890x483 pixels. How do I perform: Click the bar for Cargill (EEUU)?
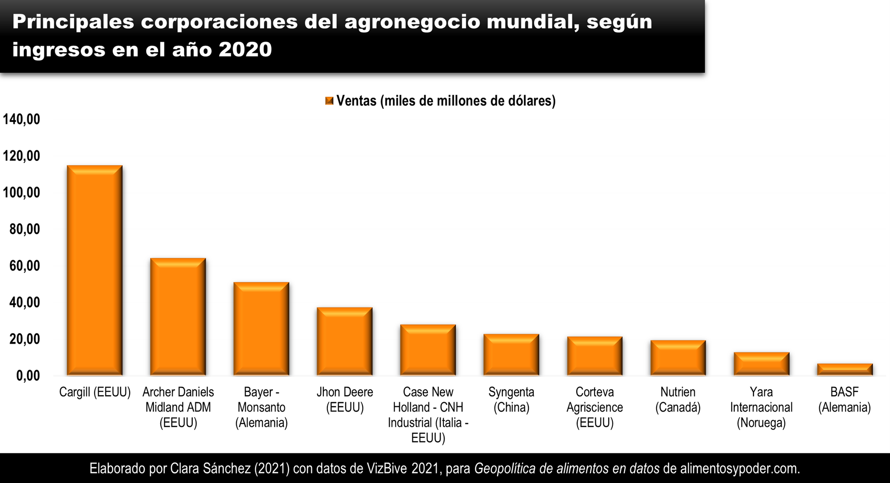(x=95, y=271)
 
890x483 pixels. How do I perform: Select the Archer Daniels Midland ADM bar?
(x=178, y=317)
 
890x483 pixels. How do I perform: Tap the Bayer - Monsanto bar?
(x=261, y=329)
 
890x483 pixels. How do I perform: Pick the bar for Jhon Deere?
(x=345, y=341)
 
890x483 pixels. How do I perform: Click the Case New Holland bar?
(x=428, y=350)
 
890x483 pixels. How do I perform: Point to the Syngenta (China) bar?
(x=511, y=355)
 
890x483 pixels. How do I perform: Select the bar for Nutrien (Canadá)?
(x=678, y=358)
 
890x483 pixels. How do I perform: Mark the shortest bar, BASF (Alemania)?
(x=845, y=370)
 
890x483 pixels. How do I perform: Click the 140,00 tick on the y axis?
(x=21, y=120)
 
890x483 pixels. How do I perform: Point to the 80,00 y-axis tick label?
(x=25, y=229)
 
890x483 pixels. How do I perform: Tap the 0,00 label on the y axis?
(x=28, y=376)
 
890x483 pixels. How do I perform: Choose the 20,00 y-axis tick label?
(x=25, y=339)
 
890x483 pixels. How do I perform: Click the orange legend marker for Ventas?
(x=329, y=101)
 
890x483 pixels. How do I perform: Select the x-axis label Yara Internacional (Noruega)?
(x=761, y=407)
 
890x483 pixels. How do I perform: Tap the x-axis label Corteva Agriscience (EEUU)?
(x=595, y=407)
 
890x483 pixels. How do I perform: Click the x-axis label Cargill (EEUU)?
(x=95, y=392)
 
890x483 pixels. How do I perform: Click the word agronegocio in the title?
(x=412, y=22)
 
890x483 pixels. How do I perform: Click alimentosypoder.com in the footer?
(x=740, y=468)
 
